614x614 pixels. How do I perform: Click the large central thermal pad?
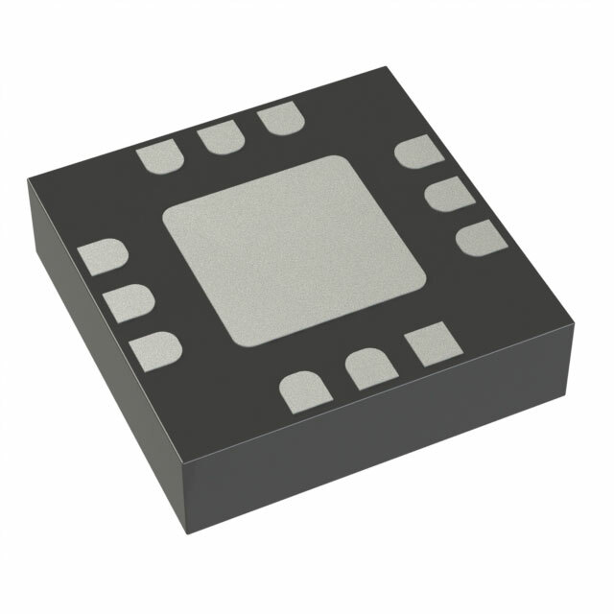coord(294,249)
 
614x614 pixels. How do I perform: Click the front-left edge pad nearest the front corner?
coord(156,349)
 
